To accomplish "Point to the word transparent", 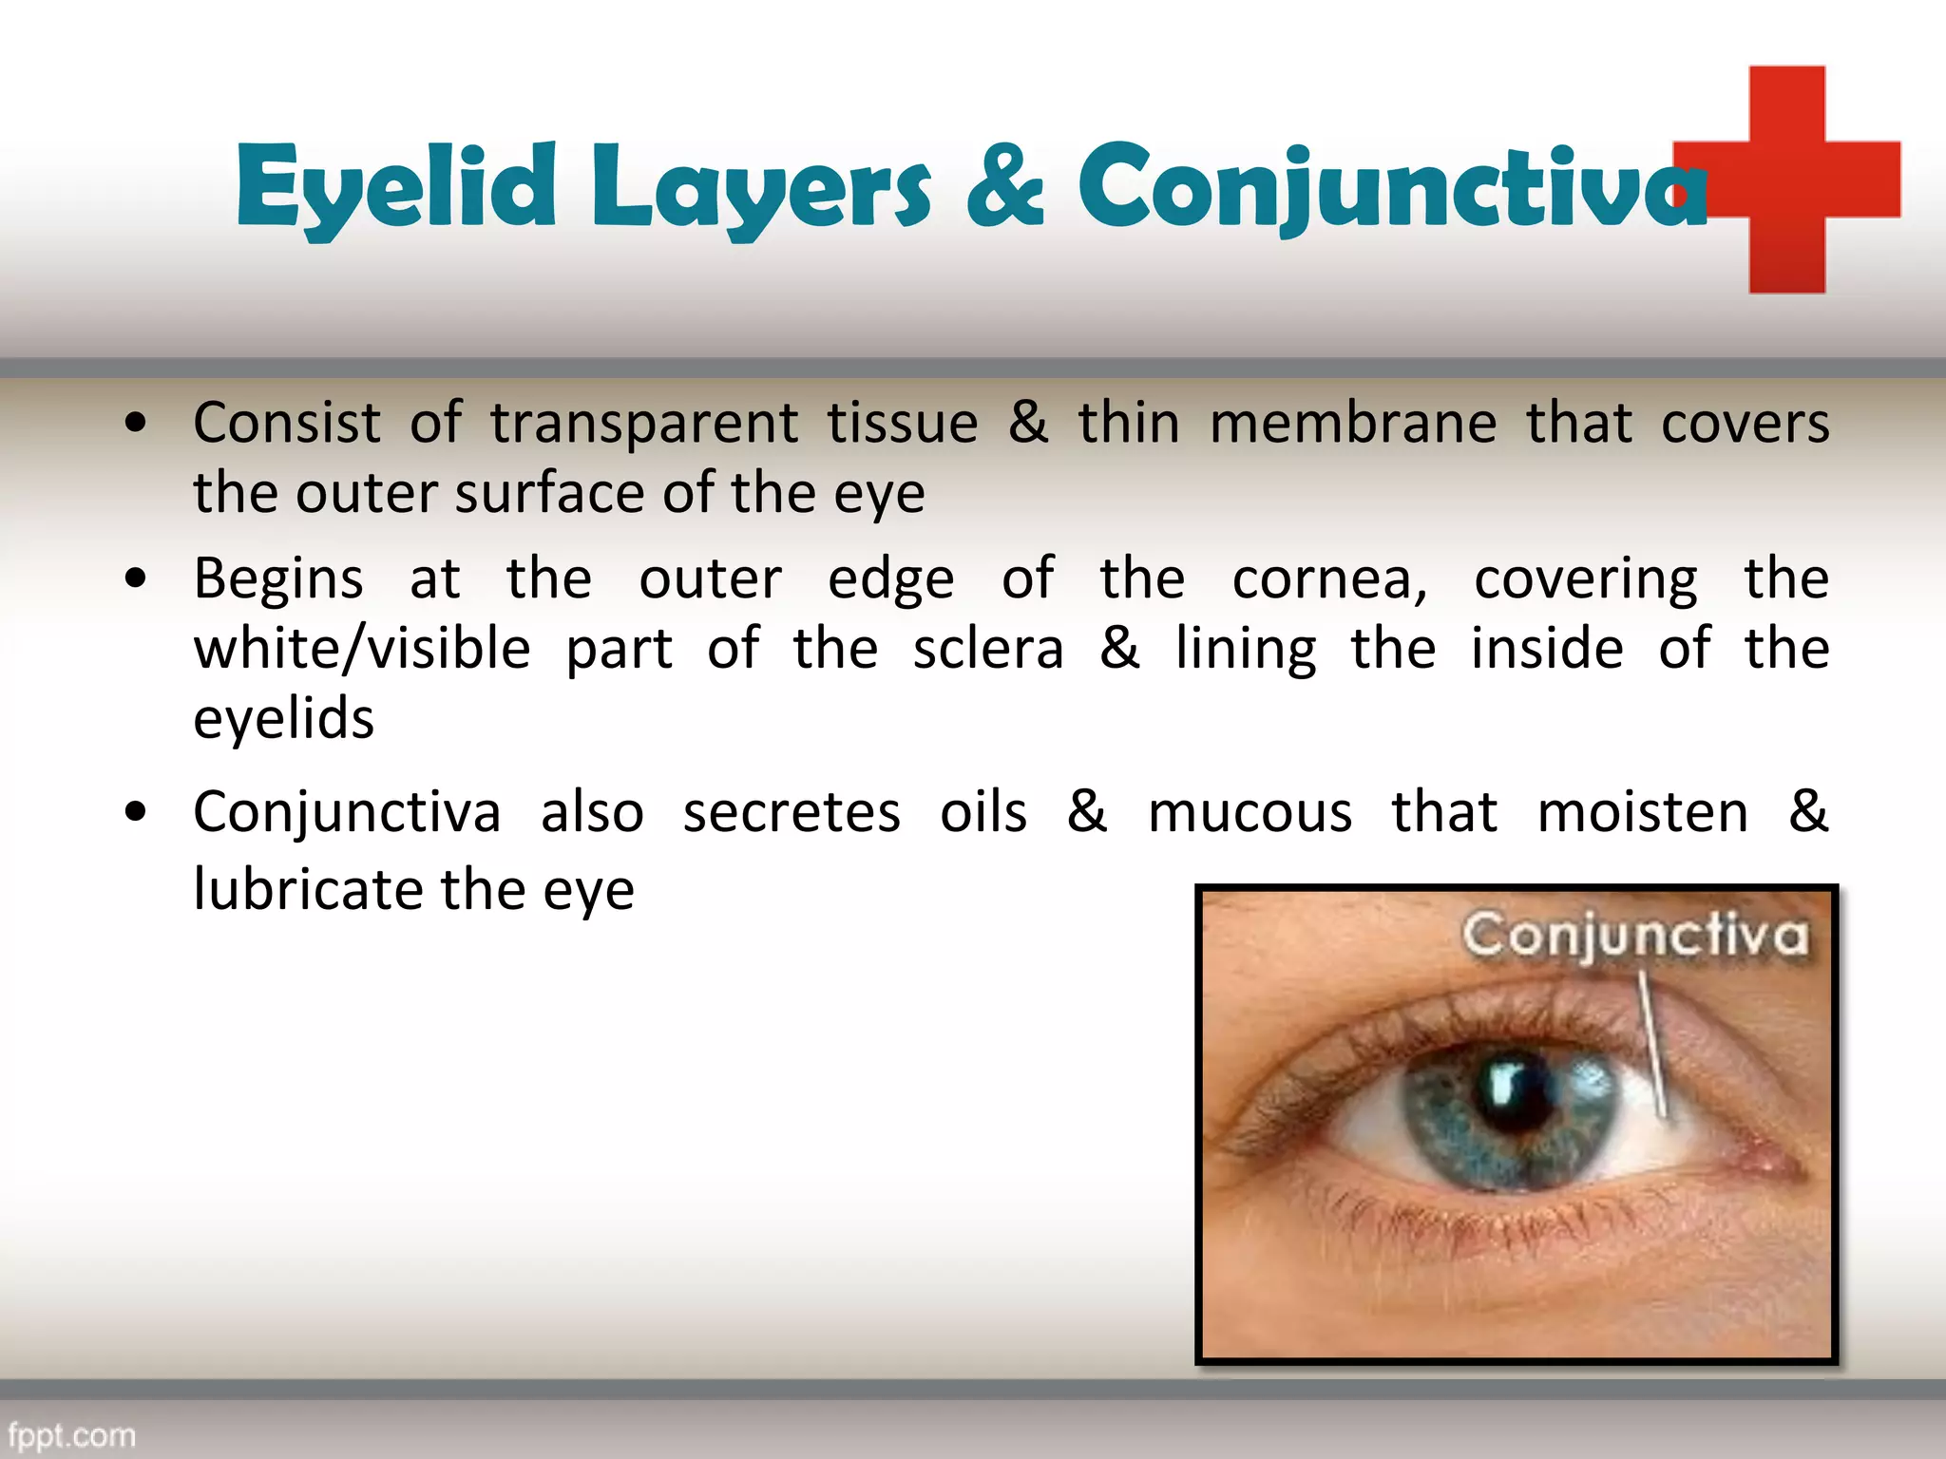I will (x=644, y=424).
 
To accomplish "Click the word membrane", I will (x=1353, y=424).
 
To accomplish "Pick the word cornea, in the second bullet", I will (x=1330, y=579).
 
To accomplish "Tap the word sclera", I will (x=988, y=650).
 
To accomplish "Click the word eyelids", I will (x=283, y=719).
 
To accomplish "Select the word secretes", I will (x=792, y=813).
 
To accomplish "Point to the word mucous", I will (x=1250, y=813).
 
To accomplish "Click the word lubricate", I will (x=308, y=890).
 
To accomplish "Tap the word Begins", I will (x=278, y=579).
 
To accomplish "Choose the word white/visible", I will (x=362, y=650).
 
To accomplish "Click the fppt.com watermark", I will (x=72, y=1434).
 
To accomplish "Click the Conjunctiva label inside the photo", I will (x=1634, y=936).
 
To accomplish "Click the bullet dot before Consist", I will (x=136, y=423).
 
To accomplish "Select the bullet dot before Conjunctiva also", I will (x=136, y=812).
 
